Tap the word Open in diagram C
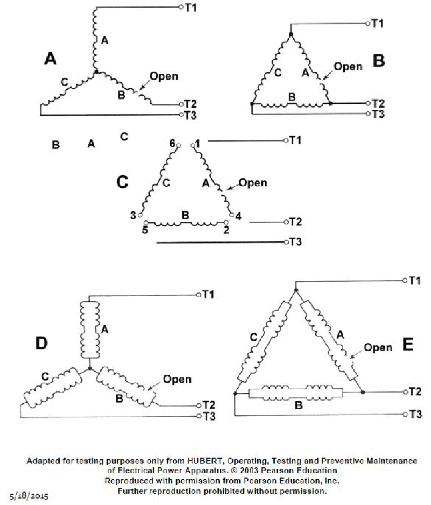pyautogui.click(x=253, y=183)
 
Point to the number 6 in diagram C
pyautogui.click(x=172, y=143)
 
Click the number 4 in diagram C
pyautogui.click(x=239, y=217)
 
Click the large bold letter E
pyautogui.click(x=408, y=344)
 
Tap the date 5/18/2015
pyautogui.click(x=32, y=493)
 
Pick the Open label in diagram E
pyautogui.click(x=378, y=347)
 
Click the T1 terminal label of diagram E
pyautogui.click(x=415, y=280)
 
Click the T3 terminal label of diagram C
pyautogui.click(x=295, y=242)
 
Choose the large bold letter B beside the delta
pyautogui.click(x=379, y=61)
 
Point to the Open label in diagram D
pyautogui.click(x=177, y=379)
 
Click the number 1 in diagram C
pyautogui.click(x=198, y=143)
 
